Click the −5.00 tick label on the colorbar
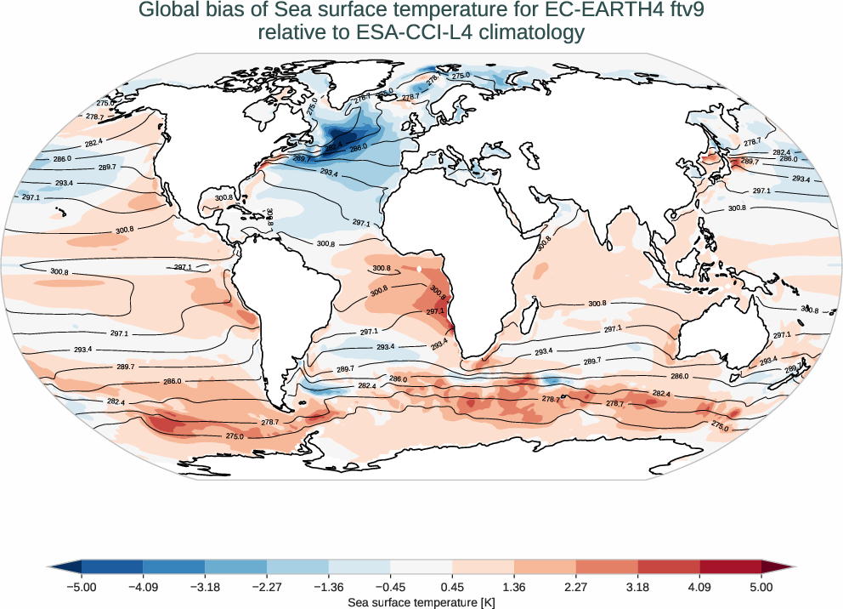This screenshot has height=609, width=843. tap(82, 587)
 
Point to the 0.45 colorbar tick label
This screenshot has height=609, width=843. tap(452, 587)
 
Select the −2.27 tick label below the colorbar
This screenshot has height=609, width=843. tap(267, 587)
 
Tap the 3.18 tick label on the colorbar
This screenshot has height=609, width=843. tap(637, 587)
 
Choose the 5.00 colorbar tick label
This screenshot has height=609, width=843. tap(761, 587)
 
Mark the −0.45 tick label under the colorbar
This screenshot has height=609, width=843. tap(390, 587)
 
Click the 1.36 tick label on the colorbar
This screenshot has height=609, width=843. tap(514, 587)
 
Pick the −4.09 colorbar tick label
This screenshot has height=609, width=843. tap(143, 587)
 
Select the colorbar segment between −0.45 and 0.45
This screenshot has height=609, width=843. tap(421, 566)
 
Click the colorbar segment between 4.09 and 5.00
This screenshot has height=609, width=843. tap(730, 566)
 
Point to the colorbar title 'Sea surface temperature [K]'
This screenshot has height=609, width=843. tap(421, 601)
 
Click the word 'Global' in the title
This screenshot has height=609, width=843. tap(167, 11)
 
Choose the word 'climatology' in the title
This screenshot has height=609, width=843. tap(528, 33)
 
